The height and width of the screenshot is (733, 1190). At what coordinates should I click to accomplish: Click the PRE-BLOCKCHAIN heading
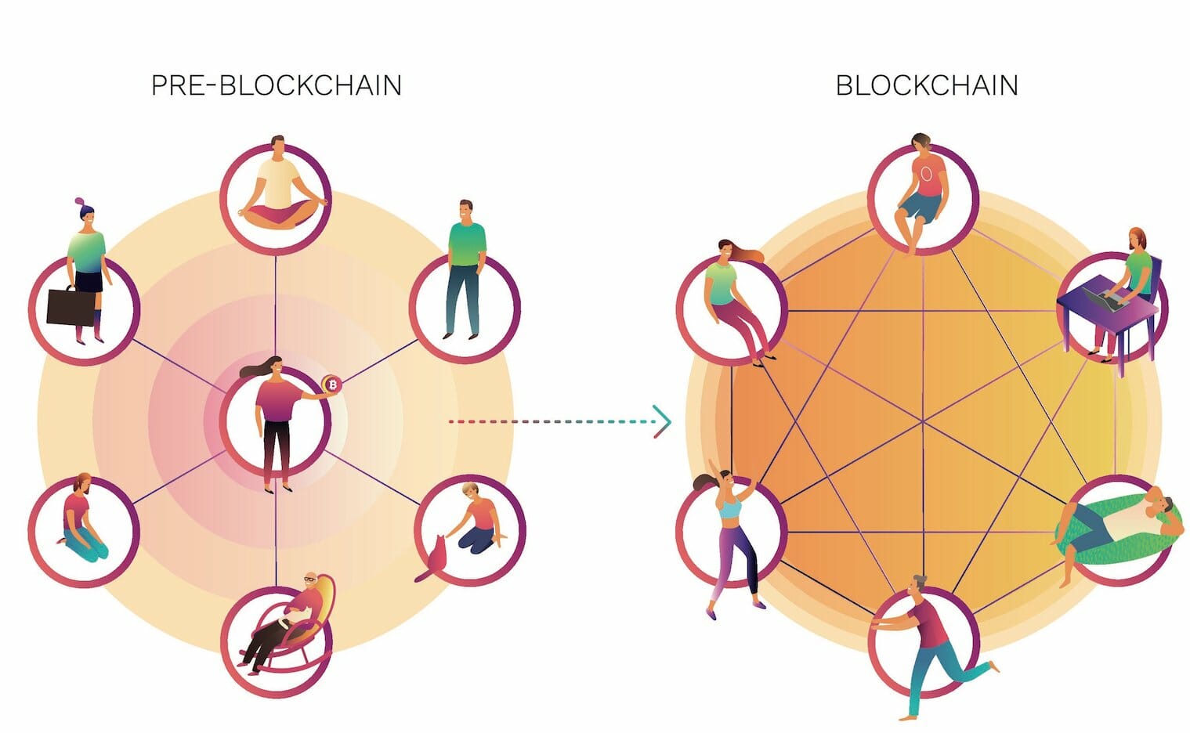point(276,85)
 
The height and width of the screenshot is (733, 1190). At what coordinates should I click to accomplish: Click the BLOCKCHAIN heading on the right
point(927,85)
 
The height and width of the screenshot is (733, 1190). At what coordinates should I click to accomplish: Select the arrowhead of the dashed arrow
point(663,421)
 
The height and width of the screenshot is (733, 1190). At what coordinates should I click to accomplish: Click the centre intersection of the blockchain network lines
point(923,421)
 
